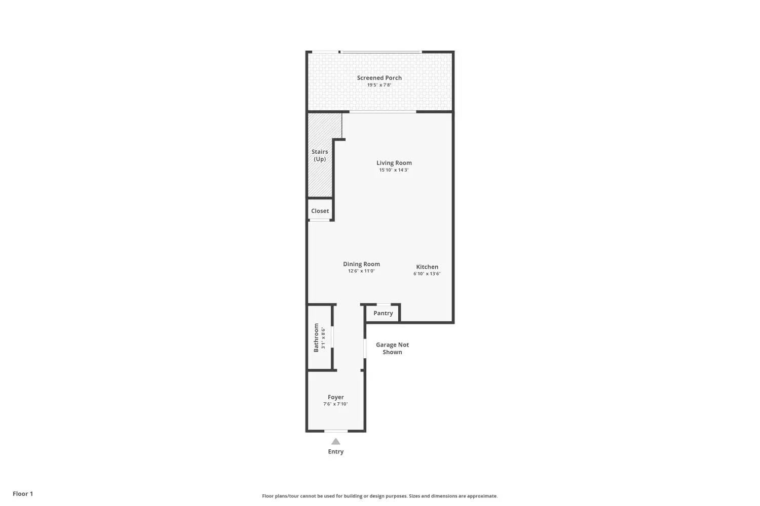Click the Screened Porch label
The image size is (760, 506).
(379, 78)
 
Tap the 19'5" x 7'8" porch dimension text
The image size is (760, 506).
(379, 85)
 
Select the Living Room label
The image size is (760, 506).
(394, 163)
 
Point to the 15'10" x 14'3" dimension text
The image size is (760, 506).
(394, 170)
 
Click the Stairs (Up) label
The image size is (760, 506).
(320, 155)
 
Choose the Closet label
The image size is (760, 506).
(320, 211)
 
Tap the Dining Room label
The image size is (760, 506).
(361, 264)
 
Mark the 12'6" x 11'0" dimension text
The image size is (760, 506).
(361, 271)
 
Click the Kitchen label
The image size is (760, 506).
(427, 267)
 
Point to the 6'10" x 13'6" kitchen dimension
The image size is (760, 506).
(427, 274)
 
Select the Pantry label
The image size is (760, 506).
(383, 313)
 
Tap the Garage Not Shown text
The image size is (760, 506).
(392, 349)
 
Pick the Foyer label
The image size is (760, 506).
(335, 397)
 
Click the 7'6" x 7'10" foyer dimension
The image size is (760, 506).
(335, 404)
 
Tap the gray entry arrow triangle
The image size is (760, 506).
(335, 442)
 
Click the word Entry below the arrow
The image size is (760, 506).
(335, 451)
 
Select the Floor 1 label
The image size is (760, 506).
(23, 493)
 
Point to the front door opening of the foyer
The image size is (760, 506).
(336, 431)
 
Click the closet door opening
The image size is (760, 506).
(320, 220)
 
